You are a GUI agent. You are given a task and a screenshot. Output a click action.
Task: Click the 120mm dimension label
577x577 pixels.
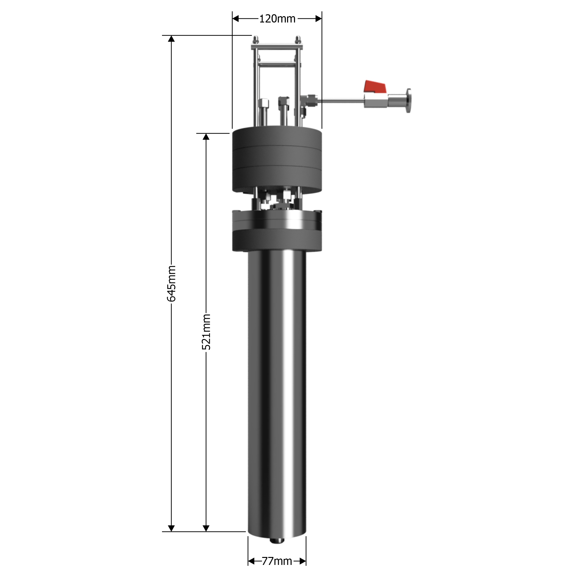click(x=277, y=19)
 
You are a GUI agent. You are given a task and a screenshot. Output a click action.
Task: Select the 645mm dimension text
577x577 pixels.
click(x=171, y=283)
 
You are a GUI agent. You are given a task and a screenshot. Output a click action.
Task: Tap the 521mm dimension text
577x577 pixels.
click(x=206, y=332)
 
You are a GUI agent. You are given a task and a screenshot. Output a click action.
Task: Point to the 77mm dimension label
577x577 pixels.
click(x=277, y=561)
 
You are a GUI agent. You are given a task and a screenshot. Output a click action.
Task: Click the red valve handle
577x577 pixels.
click(x=375, y=87)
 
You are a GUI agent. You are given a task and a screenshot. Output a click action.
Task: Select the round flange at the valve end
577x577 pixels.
click(x=408, y=101)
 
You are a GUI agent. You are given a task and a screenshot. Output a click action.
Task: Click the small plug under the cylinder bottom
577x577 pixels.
click(x=277, y=540)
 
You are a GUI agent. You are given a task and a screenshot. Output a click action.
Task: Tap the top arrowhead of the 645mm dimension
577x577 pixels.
click(x=171, y=38)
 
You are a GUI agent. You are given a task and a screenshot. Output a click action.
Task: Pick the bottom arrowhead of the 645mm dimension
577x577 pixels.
click(x=171, y=528)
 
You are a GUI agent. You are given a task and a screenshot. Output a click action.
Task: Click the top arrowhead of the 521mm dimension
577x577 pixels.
click(x=206, y=137)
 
